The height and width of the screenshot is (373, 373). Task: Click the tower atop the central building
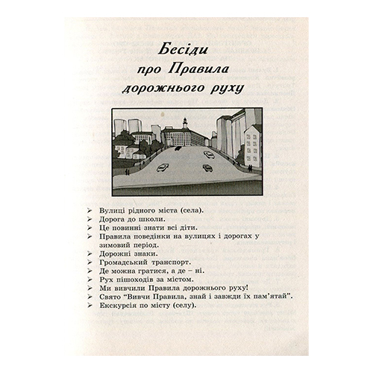(x=184, y=122)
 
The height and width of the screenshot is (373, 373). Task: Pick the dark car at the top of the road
(x=179, y=147)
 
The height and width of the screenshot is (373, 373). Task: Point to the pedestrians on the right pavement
(x=241, y=159)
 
